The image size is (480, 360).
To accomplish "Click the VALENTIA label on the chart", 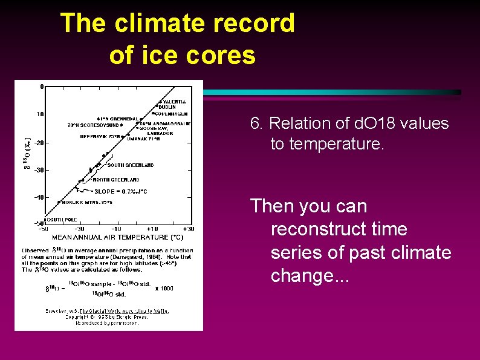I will [x=174, y=102].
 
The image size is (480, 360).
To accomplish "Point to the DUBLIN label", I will [x=169, y=107].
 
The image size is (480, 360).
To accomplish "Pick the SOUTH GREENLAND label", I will [x=130, y=165].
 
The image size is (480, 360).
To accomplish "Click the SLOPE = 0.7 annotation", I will [x=120, y=191].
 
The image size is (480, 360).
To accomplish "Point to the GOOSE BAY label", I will [x=155, y=128].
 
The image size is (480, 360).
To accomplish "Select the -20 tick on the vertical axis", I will [x=37, y=143].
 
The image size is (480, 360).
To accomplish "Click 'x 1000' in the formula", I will [x=164, y=288].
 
